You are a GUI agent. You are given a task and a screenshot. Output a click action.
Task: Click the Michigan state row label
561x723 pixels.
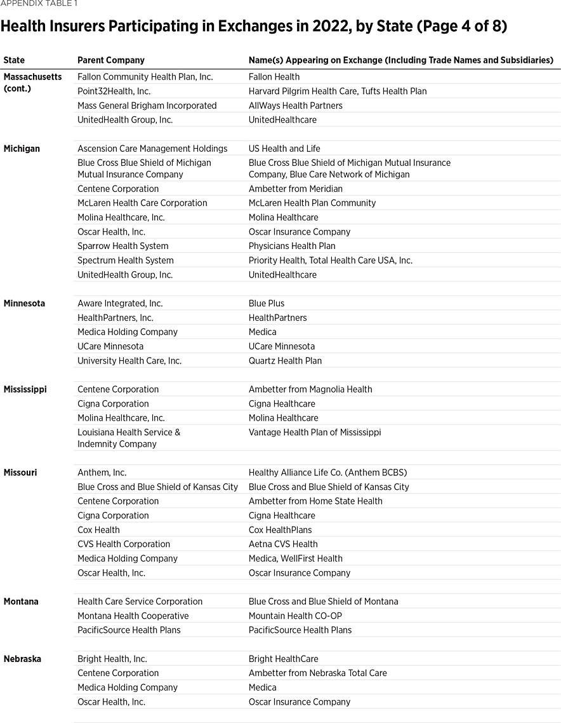point(22,149)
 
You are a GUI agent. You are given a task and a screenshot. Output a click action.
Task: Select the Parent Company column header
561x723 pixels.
point(111,60)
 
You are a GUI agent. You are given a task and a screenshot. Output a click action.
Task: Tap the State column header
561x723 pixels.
point(14,60)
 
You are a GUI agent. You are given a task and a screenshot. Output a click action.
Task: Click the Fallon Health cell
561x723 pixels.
point(274,77)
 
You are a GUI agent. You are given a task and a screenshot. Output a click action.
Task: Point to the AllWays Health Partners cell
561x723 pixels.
point(295,105)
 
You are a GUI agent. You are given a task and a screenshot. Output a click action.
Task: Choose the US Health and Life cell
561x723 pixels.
point(284,149)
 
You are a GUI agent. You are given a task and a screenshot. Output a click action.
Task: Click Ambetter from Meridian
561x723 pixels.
point(296,189)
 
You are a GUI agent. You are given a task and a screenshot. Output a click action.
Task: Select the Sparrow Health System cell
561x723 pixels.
point(123,246)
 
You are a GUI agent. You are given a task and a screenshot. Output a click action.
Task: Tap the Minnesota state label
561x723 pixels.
point(24,304)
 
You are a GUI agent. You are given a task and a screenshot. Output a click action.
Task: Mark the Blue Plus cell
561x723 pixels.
point(267,304)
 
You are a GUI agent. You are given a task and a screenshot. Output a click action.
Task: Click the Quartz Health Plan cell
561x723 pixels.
point(285,361)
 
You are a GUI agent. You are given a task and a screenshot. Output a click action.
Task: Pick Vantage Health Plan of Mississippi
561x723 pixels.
point(315,433)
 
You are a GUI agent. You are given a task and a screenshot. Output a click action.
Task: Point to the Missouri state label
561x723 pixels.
point(20,473)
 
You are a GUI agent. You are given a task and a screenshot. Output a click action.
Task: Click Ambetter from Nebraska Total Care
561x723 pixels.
point(317,673)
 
